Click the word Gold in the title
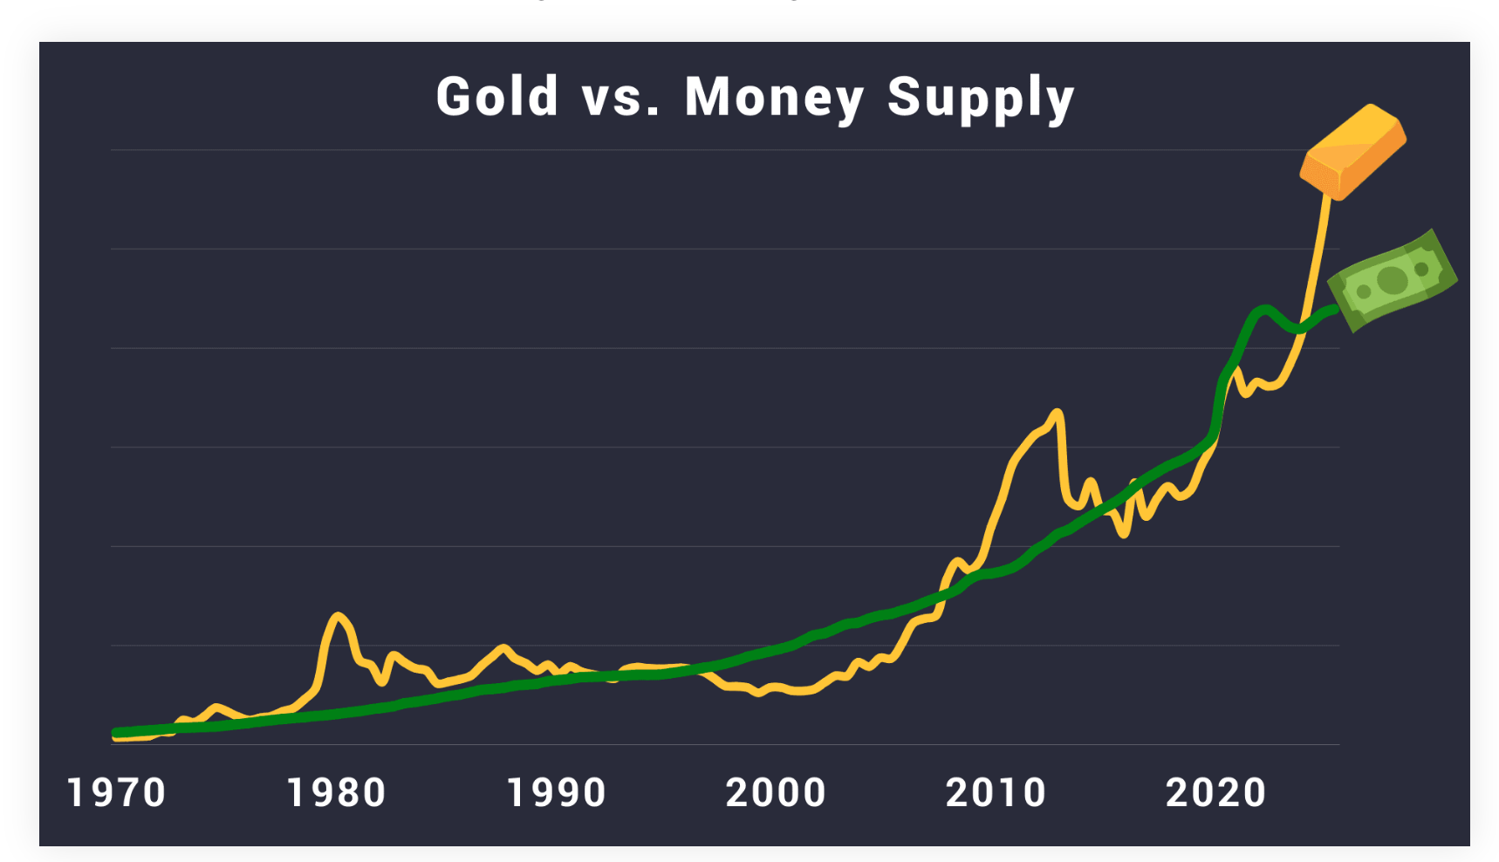pos(496,96)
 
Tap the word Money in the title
pos(774,97)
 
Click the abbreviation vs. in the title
pos(620,97)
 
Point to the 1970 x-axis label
pos(116,793)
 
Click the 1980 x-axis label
pos(336,793)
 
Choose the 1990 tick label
pos(557,793)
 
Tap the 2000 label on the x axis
pos(776,793)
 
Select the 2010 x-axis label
pos(996,793)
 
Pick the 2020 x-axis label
pos(1215,793)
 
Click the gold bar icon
pos(1352,151)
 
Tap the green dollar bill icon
pos(1393,280)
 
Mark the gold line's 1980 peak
pos(338,616)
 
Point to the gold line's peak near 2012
pos(1058,412)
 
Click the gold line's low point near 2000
pos(759,693)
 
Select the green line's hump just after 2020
pos(1263,310)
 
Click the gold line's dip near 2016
pos(1126,533)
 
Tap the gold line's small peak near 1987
pos(503,647)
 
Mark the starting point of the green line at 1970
pos(116,733)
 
